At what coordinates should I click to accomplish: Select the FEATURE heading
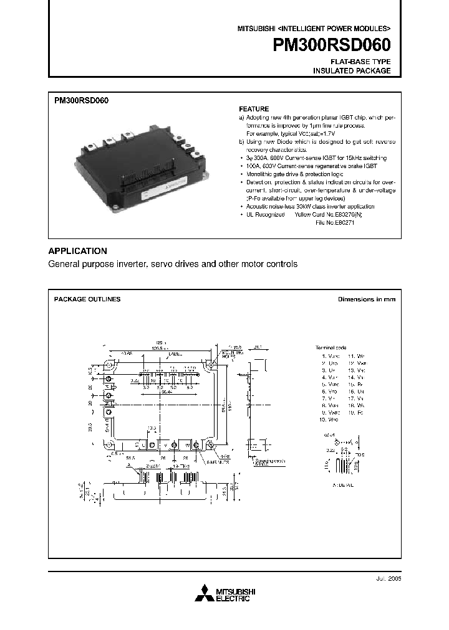click(x=254, y=108)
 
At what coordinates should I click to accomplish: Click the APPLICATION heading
click(x=78, y=251)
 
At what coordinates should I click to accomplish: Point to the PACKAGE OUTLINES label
click(x=87, y=299)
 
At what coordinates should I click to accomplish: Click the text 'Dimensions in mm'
click(x=366, y=299)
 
